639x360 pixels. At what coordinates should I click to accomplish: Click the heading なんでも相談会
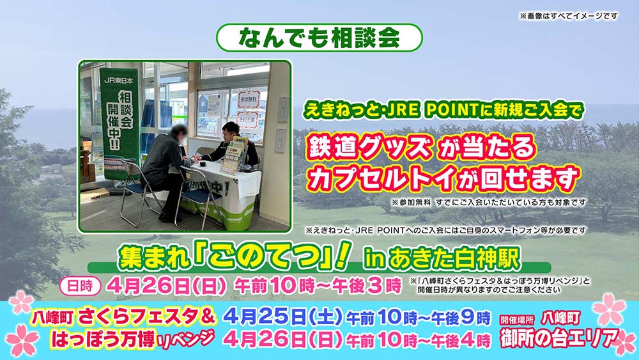coord(319,38)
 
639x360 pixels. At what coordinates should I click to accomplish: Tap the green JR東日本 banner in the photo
coord(119,121)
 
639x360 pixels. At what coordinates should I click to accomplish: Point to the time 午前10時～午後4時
coord(418,339)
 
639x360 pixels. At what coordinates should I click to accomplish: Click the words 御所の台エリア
coord(560,338)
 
